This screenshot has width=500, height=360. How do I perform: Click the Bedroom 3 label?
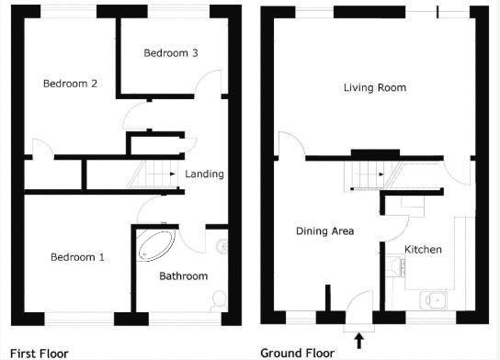pos(170,53)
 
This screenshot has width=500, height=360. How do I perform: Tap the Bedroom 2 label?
pos(70,84)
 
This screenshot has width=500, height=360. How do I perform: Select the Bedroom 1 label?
pos(77,257)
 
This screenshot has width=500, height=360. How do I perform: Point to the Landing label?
pos(204,174)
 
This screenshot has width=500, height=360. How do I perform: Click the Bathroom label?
pos(183,276)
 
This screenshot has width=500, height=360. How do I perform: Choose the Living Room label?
pos(374,88)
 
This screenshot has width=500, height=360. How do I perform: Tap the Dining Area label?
pos(324,231)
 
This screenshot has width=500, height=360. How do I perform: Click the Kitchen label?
pos(423,250)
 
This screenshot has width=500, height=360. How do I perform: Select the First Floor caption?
pos(34,353)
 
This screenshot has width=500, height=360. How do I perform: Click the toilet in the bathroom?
pos(218,299)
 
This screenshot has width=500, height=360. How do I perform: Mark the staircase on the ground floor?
pos(364,172)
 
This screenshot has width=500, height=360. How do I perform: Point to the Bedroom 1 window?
pos(78,319)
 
